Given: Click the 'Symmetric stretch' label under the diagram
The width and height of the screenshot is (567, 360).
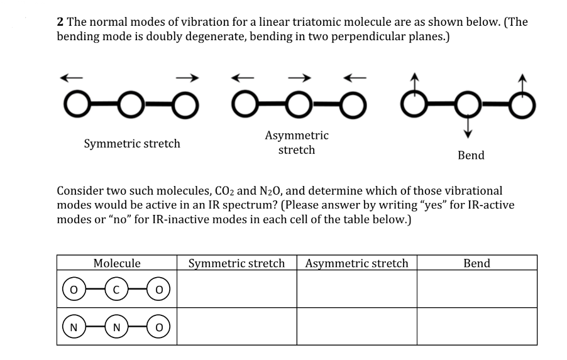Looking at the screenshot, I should [132, 143].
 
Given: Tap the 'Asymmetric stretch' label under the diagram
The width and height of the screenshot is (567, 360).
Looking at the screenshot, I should [297, 143].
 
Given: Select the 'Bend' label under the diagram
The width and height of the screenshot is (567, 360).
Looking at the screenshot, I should [471, 155].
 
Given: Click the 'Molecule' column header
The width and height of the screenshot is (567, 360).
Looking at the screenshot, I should [116, 263].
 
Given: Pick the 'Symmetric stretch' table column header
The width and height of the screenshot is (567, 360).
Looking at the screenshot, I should [236, 263].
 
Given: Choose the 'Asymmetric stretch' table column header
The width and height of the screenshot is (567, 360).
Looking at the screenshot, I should [356, 263].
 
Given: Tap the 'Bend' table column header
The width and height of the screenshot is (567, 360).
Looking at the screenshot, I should [476, 263].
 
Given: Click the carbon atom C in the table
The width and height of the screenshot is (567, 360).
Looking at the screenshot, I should [116, 290].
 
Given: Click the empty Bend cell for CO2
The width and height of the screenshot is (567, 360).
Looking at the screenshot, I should [476, 290].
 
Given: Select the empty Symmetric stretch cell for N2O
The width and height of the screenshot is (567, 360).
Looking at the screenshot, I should [236, 326].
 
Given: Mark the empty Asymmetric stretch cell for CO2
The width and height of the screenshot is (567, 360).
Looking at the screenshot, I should [356, 290].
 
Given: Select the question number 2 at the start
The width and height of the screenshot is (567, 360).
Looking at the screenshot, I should [60, 21].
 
